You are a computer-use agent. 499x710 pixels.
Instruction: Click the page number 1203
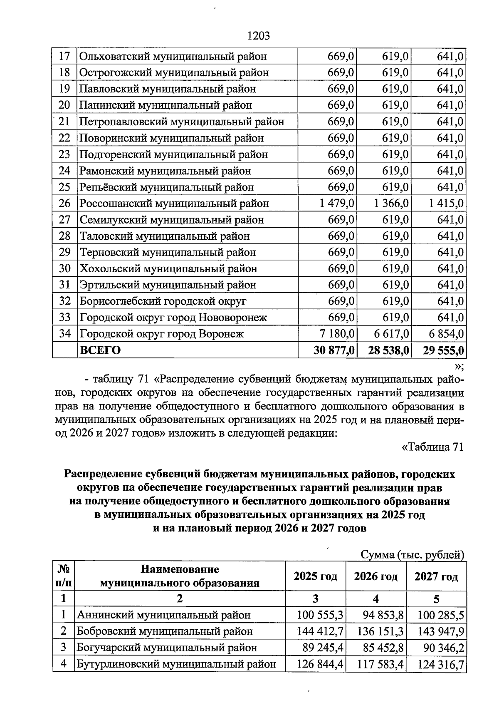[x=258, y=36]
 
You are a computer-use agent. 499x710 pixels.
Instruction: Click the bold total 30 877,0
[x=334, y=350]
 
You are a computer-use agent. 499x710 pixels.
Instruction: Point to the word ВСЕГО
[x=100, y=350]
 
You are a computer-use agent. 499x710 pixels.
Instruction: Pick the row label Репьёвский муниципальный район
[x=167, y=187]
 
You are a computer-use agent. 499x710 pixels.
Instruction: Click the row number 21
[x=64, y=122]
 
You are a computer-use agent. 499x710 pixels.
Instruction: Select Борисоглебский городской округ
[x=163, y=301]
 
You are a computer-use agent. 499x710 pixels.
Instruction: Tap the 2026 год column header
[x=375, y=577]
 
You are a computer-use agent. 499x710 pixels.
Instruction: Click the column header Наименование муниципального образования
[x=180, y=576]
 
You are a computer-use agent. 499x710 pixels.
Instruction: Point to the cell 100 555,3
[x=320, y=615]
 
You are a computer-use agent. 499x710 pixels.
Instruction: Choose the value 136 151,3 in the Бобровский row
[x=380, y=631]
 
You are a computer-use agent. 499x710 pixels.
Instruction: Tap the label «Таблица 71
[x=432, y=447]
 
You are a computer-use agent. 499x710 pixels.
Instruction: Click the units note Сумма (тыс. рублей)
[x=412, y=555]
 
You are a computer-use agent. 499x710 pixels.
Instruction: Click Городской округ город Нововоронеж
[x=173, y=318]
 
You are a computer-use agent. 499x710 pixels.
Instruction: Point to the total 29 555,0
[x=443, y=350]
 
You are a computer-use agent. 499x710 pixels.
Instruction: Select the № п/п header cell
[x=64, y=576]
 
